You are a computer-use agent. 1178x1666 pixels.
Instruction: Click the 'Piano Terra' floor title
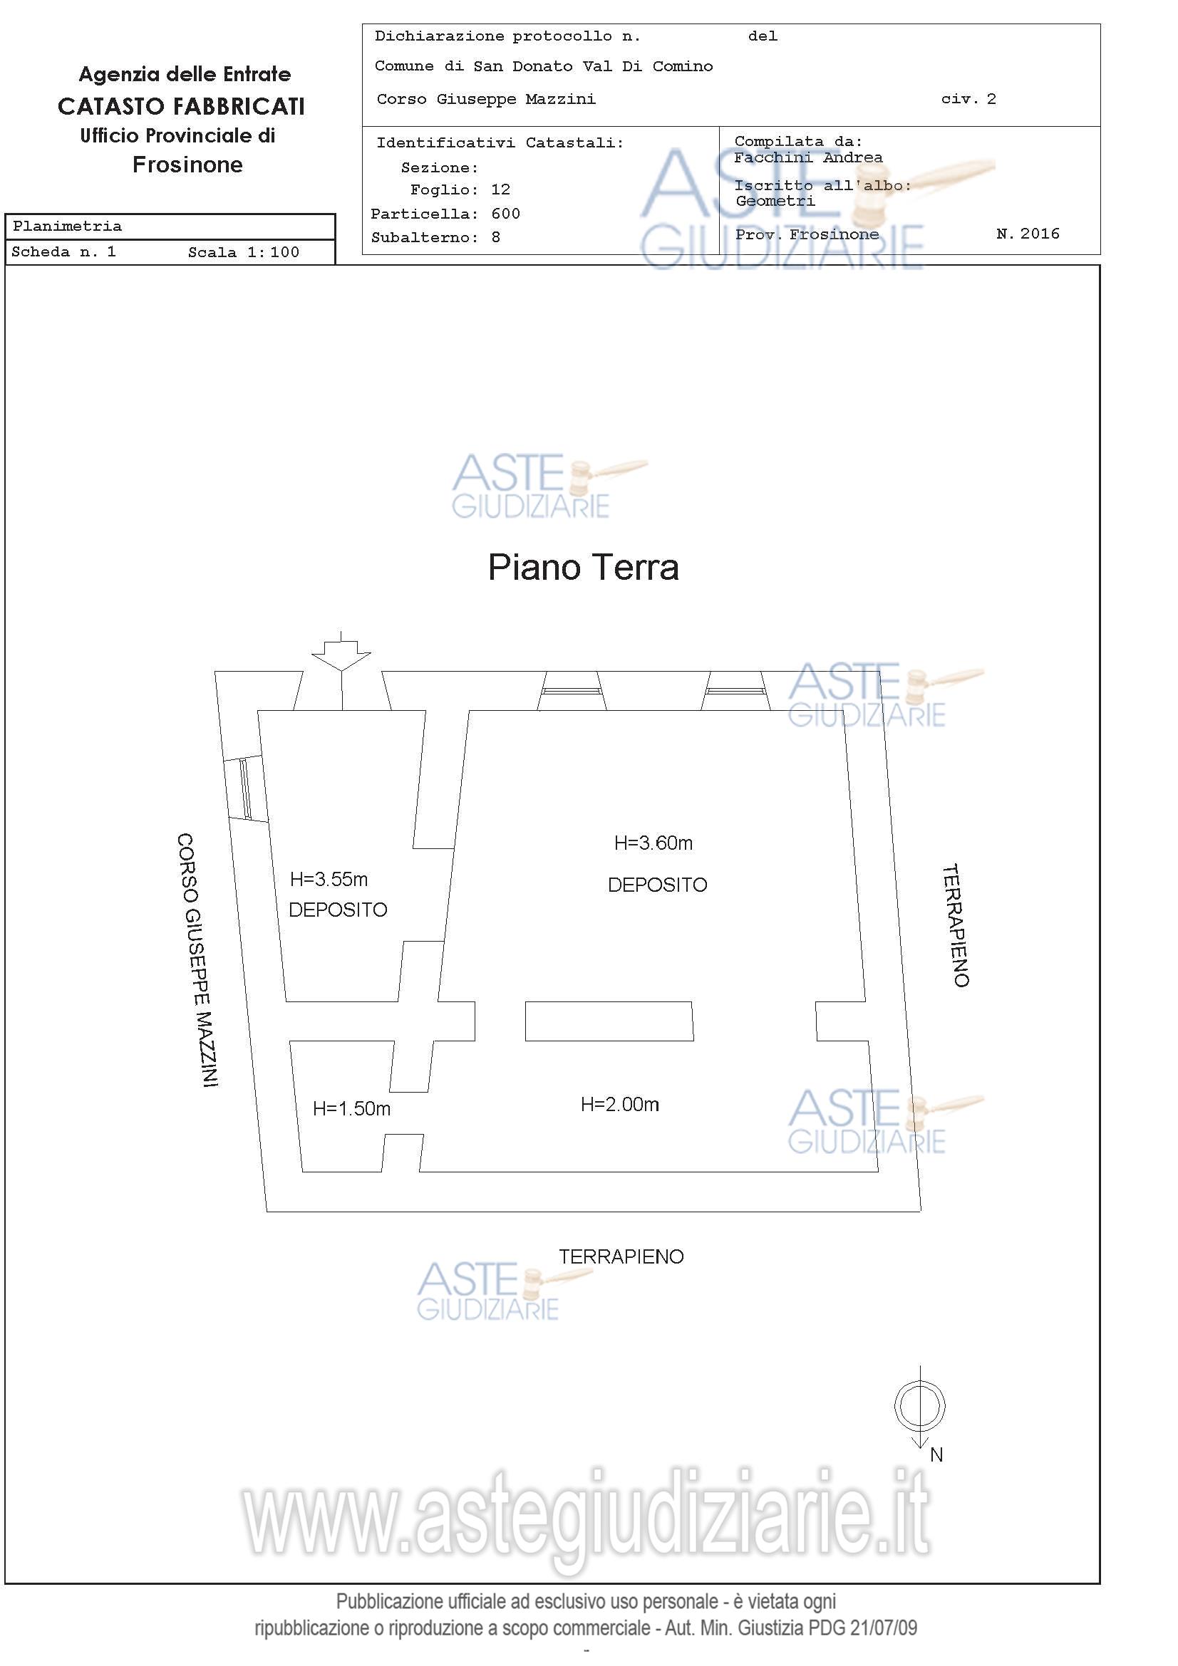click(583, 568)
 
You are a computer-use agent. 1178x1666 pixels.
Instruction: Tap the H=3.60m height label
click(653, 843)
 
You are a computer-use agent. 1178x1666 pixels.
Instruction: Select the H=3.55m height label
click(329, 880)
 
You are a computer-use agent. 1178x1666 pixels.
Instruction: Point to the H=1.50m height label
click(351, 1109)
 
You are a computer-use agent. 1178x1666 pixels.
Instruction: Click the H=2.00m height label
click(620, 1105)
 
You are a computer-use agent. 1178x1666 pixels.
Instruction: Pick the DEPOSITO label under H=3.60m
click(658, 885)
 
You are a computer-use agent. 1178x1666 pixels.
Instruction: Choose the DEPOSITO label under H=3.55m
click(339, 910)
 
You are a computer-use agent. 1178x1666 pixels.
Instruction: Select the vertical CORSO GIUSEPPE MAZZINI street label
click(197, 959)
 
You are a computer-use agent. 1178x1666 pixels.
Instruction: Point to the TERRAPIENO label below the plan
click(621, 1256)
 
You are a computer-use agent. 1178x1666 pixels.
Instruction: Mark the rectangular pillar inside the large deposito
click(609, 1021)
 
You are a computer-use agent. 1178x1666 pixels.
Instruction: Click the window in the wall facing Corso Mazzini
click(245, 789)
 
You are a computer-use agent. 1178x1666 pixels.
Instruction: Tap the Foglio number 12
click(501, 190)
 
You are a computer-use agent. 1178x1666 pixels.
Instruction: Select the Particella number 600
click(506, 214)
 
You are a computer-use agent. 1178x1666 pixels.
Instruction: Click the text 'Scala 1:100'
click(244, 253)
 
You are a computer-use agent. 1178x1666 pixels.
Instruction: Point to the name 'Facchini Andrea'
click(808, 157)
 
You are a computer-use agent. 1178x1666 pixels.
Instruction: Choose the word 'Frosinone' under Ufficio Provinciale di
click(188, 165)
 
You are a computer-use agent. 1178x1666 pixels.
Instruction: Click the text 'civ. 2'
click(969, 100)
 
